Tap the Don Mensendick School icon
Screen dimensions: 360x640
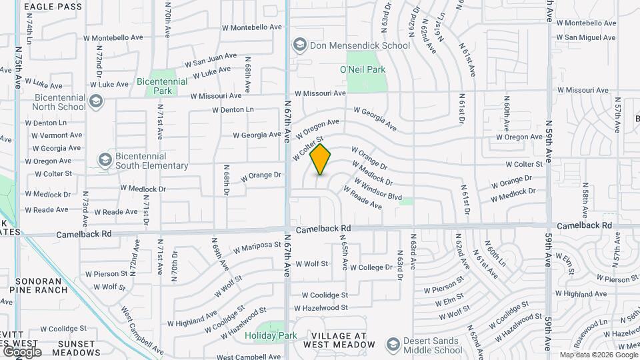[299, 45]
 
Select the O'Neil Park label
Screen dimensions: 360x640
[363, 69]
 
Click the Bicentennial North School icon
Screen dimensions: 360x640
[97, 101]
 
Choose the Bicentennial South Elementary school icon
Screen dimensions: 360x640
[105, 160]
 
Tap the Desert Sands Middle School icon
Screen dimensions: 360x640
[393, 344]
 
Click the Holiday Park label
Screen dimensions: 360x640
[269, 335]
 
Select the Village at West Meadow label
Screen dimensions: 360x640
[339, 340]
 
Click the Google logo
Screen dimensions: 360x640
[21, 352]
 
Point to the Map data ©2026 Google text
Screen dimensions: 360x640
[597, 355]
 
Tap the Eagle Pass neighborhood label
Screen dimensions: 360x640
[53, 7]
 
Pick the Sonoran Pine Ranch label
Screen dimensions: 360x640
[43, 285]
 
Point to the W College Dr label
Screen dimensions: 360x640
[371, 267]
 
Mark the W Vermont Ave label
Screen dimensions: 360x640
[55, 135]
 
